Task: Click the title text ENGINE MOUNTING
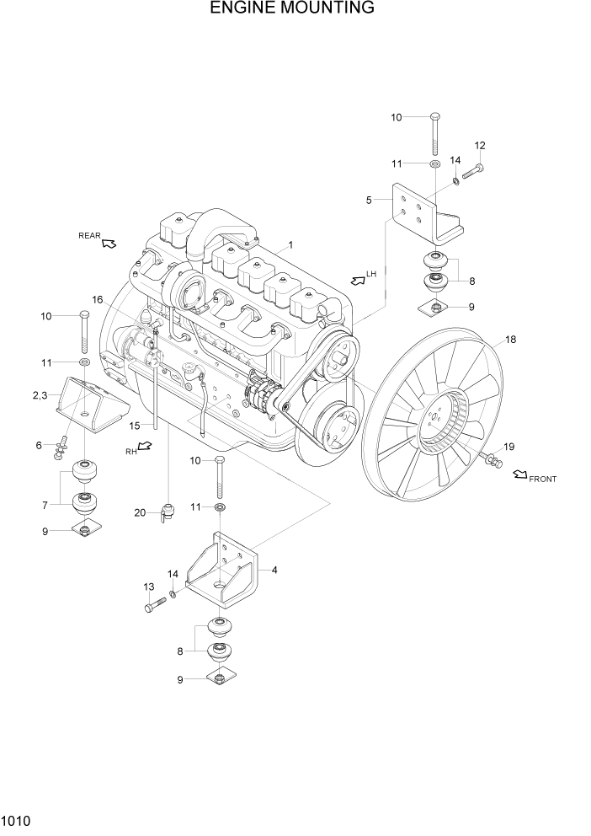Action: coord(292,9)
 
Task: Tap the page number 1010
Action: coord(17,819)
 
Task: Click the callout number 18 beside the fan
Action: coord(509,340)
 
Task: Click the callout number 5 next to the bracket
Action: coord(368,201)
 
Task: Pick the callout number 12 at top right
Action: coord(480,146)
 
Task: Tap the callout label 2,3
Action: coord(40,395)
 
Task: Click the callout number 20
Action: coord(140,512)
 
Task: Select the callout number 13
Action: coord(149,587)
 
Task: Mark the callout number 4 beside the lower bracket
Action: coord(274,570)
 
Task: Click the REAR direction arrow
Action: coord(108,244)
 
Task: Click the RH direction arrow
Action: coord(144,447)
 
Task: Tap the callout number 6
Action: coord(40,445)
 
